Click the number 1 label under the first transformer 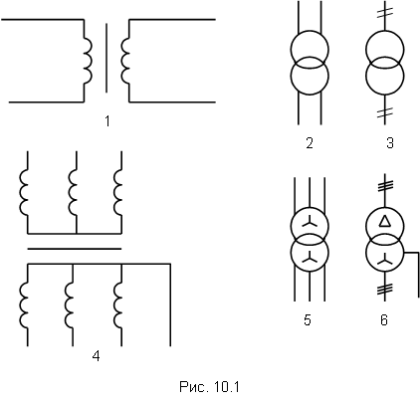(107, 121)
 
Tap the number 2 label (310, 143)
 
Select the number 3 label (390, 143)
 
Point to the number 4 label (96, 356)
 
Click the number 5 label (308, 320)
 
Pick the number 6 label (384, 320)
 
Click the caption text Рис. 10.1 (209, 387)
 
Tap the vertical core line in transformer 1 (106, 58)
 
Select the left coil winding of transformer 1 (88, 60)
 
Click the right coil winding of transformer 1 (125, 60)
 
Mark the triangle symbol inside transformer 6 (384, 221)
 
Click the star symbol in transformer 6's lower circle (385, 258)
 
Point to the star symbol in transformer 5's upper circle (310, 222)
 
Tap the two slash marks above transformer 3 (385, 13)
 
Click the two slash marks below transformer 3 (385, 112)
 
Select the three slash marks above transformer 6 (385, 185)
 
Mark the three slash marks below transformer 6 (385, 290)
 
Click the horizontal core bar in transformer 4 (75, 249)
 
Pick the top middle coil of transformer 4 (73, 192)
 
